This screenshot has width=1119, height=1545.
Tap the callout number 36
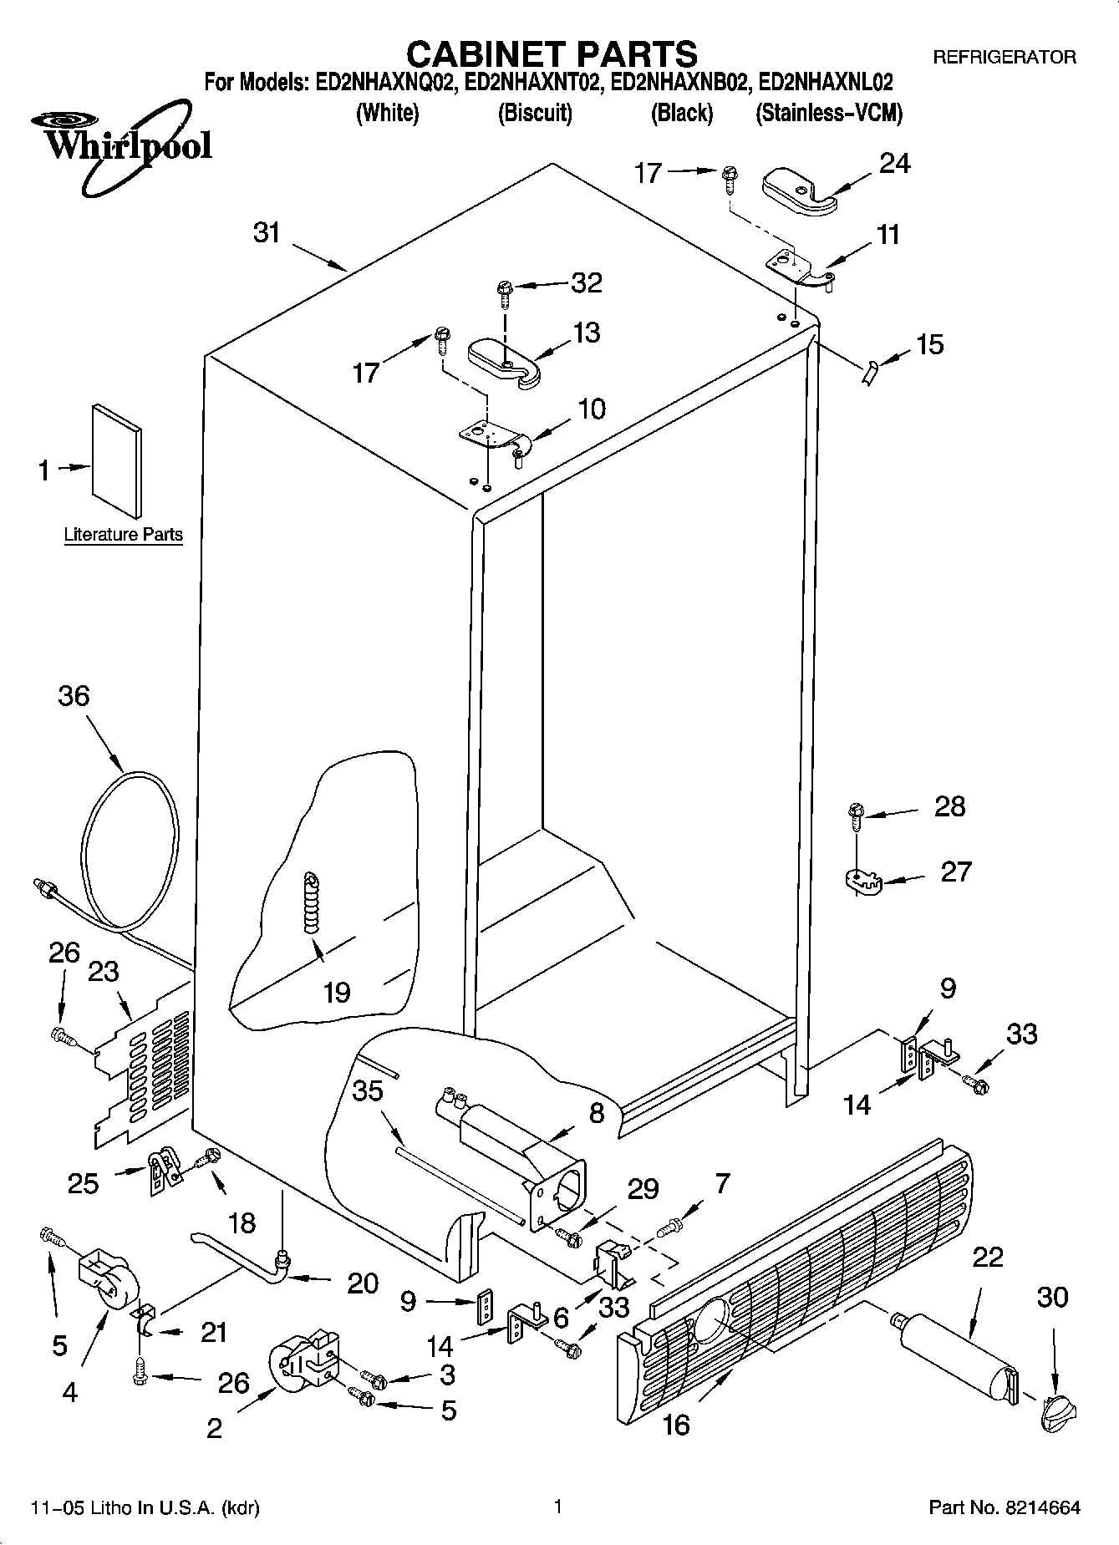click(74, 695)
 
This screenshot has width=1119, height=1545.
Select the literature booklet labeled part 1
click(117, 460)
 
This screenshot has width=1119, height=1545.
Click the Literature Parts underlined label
click(123, 535)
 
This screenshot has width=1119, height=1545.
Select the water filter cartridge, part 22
click(953, 1357)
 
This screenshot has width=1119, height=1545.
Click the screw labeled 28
click(856, 813)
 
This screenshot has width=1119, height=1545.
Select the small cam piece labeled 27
click(858, 881)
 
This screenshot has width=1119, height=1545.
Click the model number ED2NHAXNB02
click(678, 83)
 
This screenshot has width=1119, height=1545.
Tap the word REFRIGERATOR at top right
click(1004, 58)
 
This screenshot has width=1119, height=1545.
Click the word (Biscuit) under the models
click(535, 113)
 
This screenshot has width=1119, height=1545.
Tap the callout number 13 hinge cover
click(587, 333)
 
